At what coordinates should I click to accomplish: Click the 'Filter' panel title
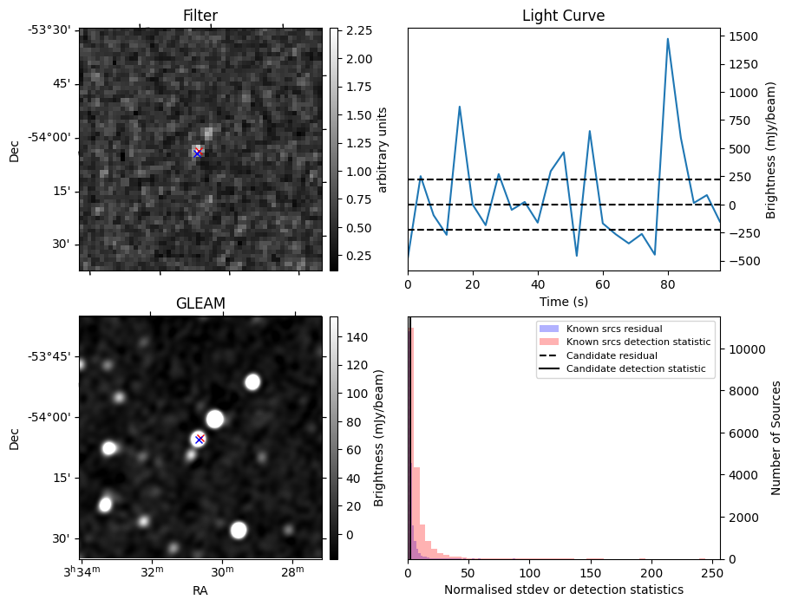(200, 16)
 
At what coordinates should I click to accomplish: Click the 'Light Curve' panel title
(563, 16)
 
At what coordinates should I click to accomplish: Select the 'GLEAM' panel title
(200, 303)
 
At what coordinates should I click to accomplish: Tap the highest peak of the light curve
(668, 39)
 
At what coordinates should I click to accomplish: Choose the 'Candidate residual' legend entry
(612, 355)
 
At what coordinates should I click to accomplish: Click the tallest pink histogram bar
(411, 433)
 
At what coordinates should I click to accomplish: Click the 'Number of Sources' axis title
(776, 438)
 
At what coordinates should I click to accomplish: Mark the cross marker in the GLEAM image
(200, 439)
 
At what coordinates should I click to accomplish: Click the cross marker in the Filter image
(198, 153)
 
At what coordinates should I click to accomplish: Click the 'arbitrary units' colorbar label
(383, 150)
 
